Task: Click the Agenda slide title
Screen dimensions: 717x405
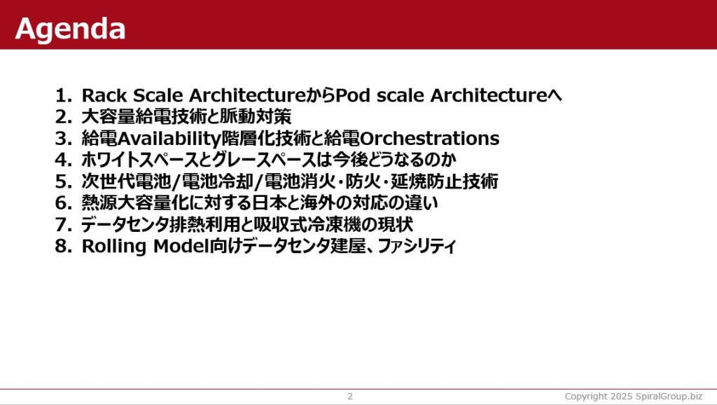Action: [x=70, y=29]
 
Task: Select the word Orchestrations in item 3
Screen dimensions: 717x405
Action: [x=430, y=138]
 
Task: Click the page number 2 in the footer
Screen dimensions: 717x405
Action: [x=350, y=397]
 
